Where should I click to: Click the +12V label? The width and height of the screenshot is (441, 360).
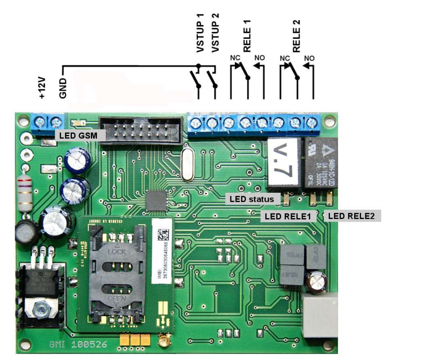tap(42, 88)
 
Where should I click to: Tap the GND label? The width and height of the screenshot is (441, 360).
tap(63, 88)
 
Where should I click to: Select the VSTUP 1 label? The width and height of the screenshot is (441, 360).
tap(200, 33)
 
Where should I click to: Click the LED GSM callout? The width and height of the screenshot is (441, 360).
tap(76, 135)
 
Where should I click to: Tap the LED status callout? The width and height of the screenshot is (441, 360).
tap(252, 199)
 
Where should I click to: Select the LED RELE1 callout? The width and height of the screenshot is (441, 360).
tap(288, 216)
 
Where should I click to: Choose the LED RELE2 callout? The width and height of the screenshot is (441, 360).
tap(351, 216)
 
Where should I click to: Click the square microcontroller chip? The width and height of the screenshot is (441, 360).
tap(157, 201)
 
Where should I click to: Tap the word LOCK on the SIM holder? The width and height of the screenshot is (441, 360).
tap(117, 251)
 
